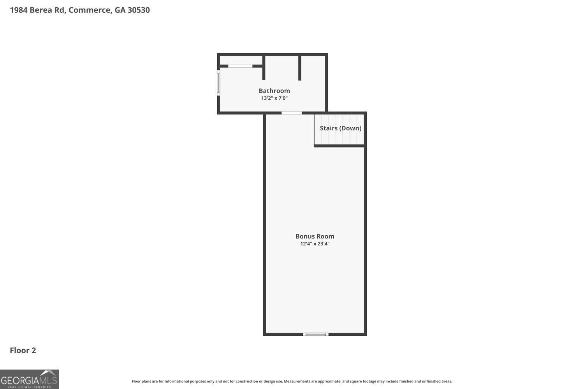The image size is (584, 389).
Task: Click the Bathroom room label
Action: click(x=274, y=91)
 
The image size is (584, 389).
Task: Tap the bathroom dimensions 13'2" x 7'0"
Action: click(x=274, y=98)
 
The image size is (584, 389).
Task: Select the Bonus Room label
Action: click(x=315, y=237)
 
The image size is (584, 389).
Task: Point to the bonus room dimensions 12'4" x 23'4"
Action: click(x=315, y=244)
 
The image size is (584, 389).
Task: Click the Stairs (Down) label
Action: click(x=341, y=128)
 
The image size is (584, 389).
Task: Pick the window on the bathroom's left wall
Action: click(x=218, y=82)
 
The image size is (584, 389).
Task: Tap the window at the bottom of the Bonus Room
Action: click(x=316, y=334)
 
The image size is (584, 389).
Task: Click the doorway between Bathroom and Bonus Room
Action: click(x=292, y=113)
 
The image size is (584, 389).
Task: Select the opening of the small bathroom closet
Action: click(x=240, y=66)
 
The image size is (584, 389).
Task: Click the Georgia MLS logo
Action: click(x=29, y=379)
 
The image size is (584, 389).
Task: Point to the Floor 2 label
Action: click(x=23, y=350)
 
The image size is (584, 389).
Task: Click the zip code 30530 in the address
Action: click(x=139, y=10)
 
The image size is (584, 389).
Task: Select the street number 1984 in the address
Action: click(x=19, y=10)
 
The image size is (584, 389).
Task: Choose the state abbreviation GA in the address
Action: click(x=120, y=10)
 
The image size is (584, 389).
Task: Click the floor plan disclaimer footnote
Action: click(x=292, y=381)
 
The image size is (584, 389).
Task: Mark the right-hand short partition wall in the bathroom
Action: click(x=300, y=68)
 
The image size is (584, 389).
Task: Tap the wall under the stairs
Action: click(x=339, y=146)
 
